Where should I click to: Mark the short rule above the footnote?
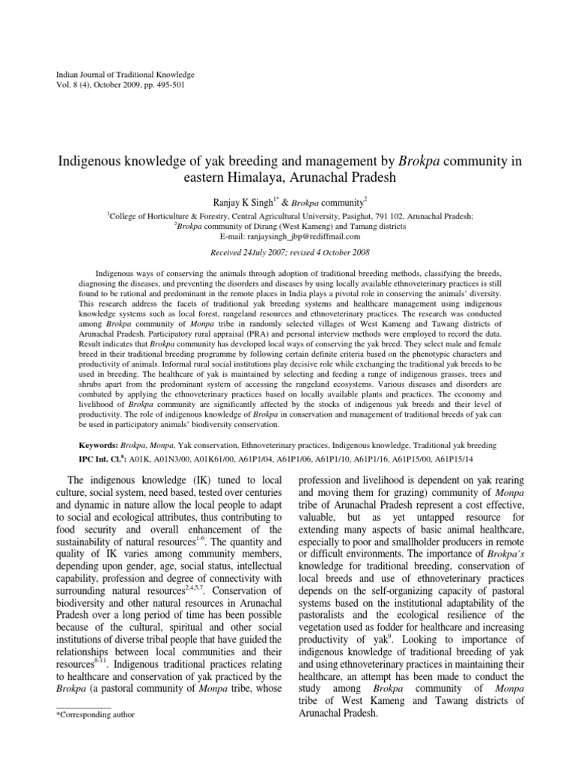click(84, 705)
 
